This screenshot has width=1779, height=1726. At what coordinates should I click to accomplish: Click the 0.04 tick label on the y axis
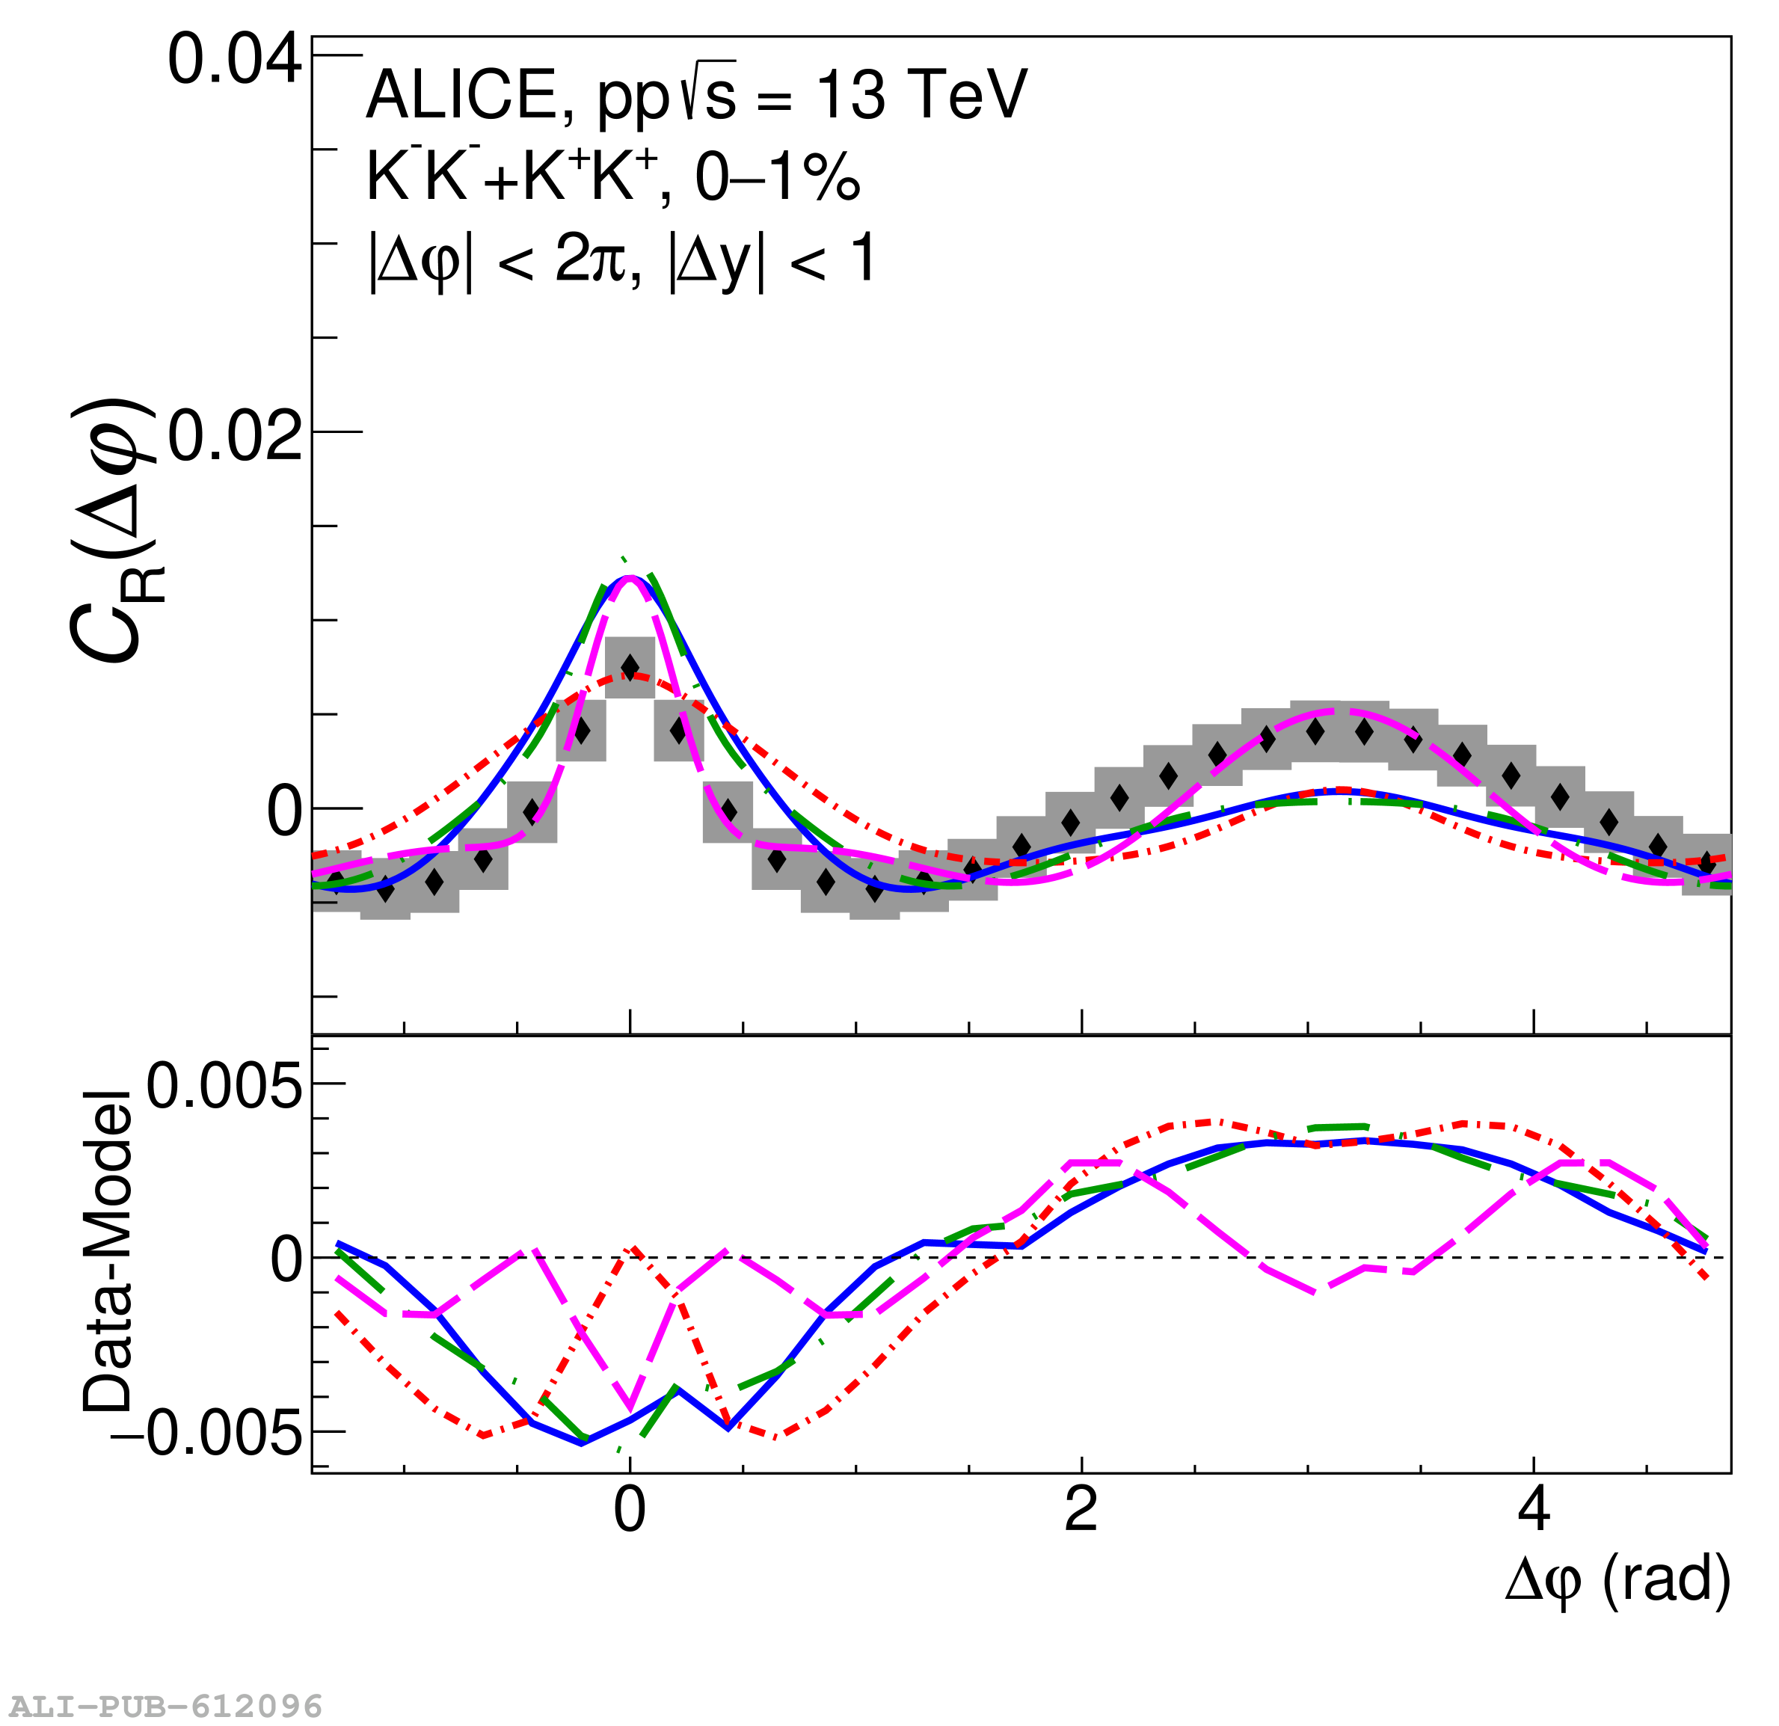tap(234, 61)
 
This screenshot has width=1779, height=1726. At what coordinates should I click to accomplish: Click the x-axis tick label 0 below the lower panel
tap(630, 1511)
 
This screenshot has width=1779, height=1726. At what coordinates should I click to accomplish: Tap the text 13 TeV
tap(922, 95)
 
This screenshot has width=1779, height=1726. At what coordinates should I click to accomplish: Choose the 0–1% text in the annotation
tap(777, 177)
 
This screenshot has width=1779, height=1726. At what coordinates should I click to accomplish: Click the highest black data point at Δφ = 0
tap(630, 668)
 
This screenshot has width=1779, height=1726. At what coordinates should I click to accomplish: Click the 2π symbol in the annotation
tap(592, 260)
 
